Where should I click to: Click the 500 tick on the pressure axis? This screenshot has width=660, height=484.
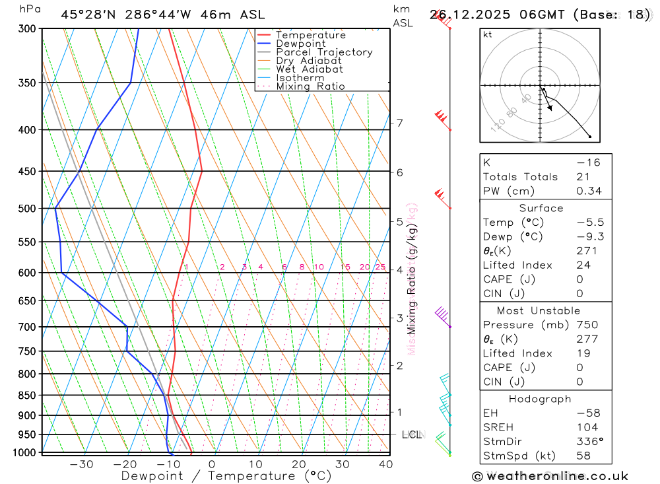26,209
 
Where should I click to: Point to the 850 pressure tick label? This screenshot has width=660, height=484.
26,396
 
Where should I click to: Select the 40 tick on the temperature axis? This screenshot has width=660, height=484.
386,464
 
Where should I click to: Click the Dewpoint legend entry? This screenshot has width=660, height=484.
300,44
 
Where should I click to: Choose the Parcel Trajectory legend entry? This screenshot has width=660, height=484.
323,52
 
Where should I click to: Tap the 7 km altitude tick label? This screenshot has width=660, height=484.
399,123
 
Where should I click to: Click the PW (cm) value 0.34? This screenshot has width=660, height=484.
589,191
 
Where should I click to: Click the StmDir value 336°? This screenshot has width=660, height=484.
587,441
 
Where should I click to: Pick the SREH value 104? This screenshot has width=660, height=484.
587,427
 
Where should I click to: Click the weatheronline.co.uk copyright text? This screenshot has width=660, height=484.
550,476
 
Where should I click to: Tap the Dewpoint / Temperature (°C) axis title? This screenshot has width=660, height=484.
226,476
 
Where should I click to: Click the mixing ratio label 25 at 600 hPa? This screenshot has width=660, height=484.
380,267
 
